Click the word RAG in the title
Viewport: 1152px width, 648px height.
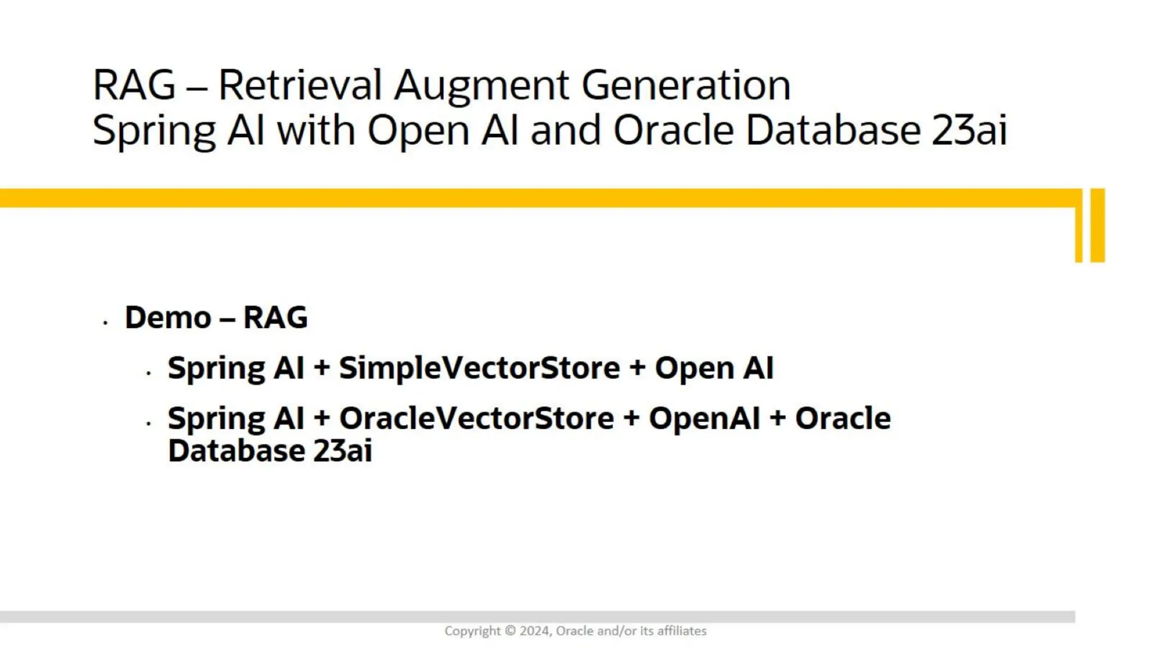134,85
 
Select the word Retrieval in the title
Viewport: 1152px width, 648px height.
300,85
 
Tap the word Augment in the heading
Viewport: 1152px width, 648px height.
481,85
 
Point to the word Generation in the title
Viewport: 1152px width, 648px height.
686,85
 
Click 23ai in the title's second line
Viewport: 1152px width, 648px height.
969,130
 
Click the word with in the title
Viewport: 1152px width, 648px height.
316,130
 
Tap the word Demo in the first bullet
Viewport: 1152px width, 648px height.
168,318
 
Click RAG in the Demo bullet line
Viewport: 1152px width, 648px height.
276,318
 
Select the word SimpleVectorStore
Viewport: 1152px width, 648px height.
479,368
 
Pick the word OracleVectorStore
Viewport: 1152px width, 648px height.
476,419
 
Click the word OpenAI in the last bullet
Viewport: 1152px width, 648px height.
704,419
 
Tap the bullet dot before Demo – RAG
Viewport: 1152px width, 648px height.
105,323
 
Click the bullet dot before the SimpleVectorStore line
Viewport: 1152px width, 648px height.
148,373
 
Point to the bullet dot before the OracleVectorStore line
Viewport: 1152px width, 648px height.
148,423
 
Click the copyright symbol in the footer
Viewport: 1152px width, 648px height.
510,631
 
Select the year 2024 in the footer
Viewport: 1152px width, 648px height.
535,631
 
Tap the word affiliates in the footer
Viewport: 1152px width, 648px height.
682,631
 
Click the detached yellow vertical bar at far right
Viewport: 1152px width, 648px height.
1097,225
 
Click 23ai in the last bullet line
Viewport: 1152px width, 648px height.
343,451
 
